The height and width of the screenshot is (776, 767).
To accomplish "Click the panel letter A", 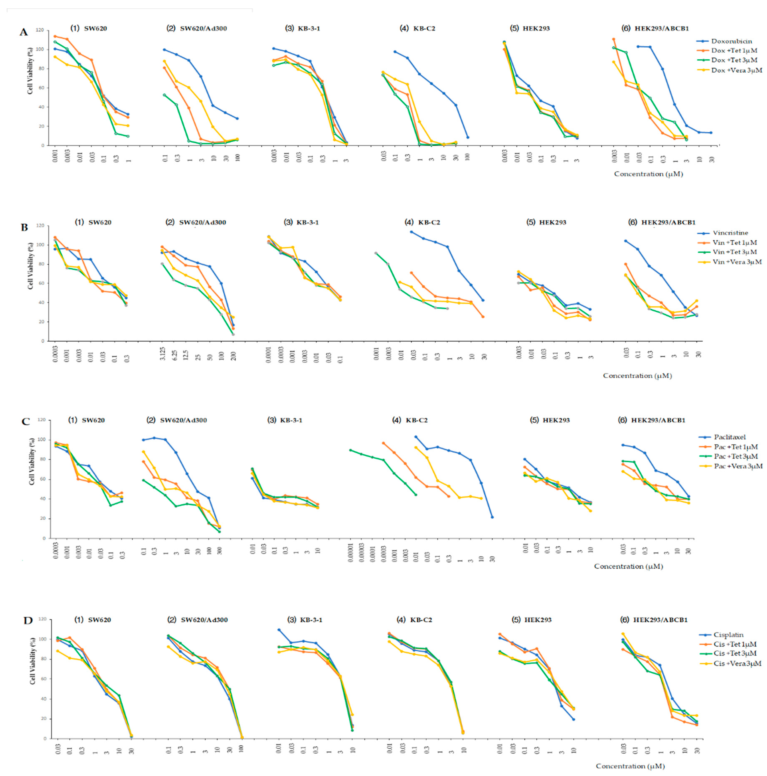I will [24, 32].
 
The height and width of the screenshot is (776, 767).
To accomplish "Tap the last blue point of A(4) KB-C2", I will [468, 137].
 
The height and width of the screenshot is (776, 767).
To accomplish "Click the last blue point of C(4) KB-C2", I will [492, 517].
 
